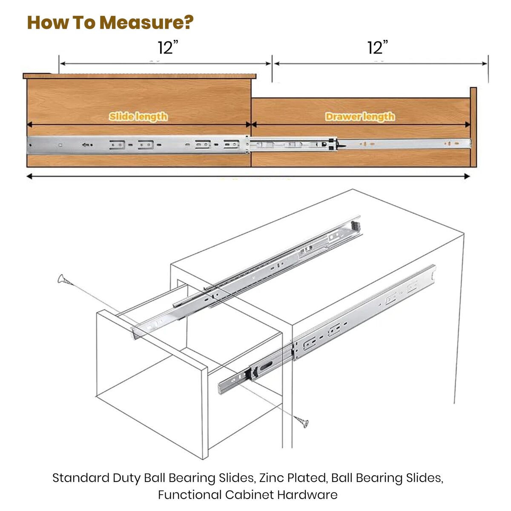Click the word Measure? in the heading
pyautogui.click(x=146, y=22)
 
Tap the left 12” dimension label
pyautogui.click(x=167, y=48)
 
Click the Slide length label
pyautogui.click(x=138, y=116)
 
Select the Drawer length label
pyautogui.click(x=360, y=116)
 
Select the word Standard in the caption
pyautogui.click(x=80, y=478)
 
